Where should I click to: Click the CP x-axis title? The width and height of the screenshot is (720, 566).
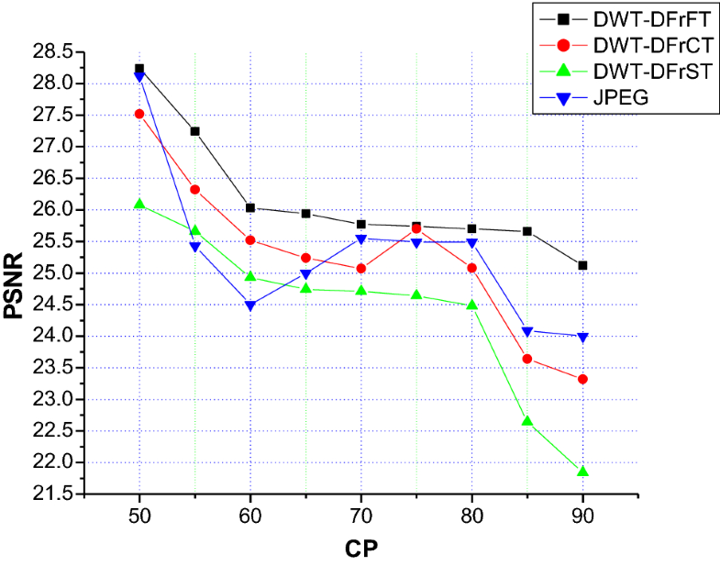coord(361,548)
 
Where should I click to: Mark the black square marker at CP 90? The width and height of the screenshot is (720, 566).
coord(582,265)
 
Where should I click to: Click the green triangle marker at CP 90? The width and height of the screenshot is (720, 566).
coord(582,472)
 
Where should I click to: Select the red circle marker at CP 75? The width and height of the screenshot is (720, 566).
coord(416,228)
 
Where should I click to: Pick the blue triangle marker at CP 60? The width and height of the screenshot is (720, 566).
coord(250,306)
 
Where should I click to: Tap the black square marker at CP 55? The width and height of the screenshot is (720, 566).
coord(194,131)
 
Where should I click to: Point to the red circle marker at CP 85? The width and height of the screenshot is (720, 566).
coord(527,359)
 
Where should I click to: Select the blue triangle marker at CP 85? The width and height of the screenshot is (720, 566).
coord(527,332)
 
